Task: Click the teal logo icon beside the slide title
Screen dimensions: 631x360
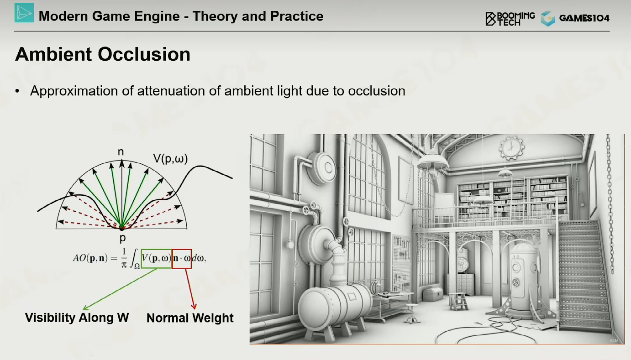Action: (24, 13)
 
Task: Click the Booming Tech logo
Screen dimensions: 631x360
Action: (510, 19)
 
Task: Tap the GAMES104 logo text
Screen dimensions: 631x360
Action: (584, 18)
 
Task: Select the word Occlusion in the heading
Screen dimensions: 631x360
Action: (144, 54)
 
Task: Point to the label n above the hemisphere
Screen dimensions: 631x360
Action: (121, 152)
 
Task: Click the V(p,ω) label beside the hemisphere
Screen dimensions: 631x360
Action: (170, 159)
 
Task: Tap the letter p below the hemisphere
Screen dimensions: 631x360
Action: (122, 239)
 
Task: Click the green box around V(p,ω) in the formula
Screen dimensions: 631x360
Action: (156, 250)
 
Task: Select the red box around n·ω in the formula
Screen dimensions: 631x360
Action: (182, 250)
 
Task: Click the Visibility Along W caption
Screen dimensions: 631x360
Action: (77, 318)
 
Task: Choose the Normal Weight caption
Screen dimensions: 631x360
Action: (190, 318)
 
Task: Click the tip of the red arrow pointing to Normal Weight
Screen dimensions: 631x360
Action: (194, 309)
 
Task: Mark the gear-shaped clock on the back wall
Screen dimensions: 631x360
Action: (511, 147)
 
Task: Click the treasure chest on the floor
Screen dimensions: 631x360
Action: (433, 294)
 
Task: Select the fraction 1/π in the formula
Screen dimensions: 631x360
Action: (124, 258)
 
